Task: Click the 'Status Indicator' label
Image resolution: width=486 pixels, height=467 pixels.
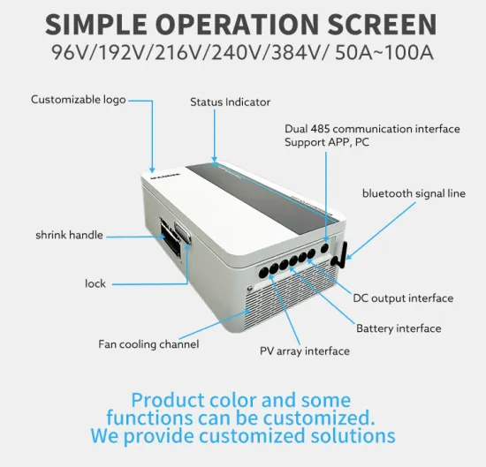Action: pyautogui.click(x=230, y=102)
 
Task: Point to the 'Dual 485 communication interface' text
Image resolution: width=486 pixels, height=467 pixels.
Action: pyautogui.click(x=372, y=129)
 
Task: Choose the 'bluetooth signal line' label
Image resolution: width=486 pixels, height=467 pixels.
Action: pyautogui.click(x=413, y=193)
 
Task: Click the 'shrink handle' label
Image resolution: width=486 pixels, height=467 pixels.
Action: pyautogui.click(x=69, y=235)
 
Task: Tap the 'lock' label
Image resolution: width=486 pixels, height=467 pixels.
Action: pyautogui.click(x=95, y=283)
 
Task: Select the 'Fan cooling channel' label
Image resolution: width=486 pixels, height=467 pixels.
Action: pyautogui.click(x=148, y=343)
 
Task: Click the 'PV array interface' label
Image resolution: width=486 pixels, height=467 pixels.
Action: pyautogui.click(x=304, y=350)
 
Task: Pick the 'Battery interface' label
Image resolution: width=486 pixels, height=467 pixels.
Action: pyautogui.click(x=398, y=328)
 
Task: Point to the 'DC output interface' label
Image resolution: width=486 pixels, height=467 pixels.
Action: pyautogui.click(x=403, y=298)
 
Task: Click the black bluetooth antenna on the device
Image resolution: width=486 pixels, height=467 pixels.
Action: pyautogui.click(x=340, y=251)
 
